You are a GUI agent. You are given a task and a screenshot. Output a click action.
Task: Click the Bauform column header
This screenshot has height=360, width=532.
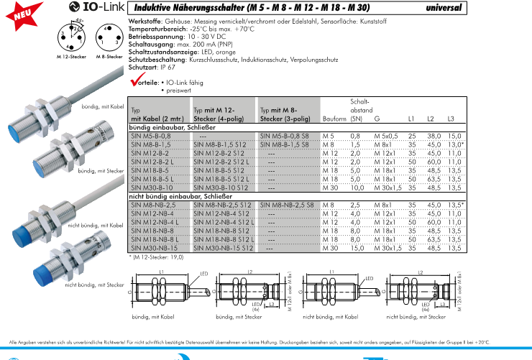click(x=334, y=118)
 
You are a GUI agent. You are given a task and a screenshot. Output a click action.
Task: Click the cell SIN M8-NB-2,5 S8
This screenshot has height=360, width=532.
click(x=286, y=205)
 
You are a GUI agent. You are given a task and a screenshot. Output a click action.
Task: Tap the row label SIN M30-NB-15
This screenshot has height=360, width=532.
click(x=152, y=248)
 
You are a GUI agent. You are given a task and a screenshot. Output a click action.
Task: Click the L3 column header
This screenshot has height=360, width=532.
click(x=451, y=118)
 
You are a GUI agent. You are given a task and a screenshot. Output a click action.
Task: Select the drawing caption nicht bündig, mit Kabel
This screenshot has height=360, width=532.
click(x=329, y=317)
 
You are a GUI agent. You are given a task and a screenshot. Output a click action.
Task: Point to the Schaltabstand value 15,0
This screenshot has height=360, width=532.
click(x=354, y=248)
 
